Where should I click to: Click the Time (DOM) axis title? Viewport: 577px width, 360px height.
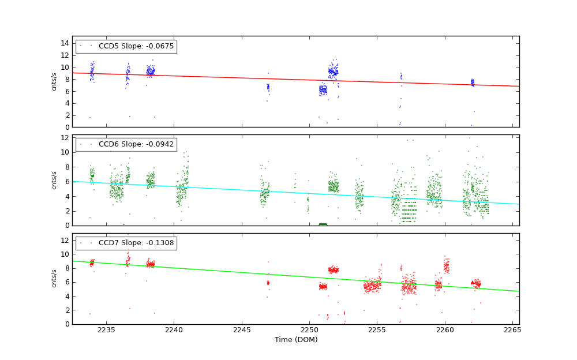pos(295,340)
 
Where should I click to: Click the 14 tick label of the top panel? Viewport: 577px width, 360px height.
pos(65,43)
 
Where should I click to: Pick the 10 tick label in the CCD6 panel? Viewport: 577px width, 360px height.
pos(65,152)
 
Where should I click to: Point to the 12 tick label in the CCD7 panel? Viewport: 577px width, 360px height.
pos(65,240)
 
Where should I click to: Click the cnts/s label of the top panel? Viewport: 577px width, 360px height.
pos(54,81)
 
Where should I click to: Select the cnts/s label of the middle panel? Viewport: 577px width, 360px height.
pos(54,180)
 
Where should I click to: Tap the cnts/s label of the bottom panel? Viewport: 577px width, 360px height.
pos(54,279)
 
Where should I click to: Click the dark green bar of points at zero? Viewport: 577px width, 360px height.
pos(323,224)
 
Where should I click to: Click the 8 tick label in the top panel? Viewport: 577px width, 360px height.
pos(67,79)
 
